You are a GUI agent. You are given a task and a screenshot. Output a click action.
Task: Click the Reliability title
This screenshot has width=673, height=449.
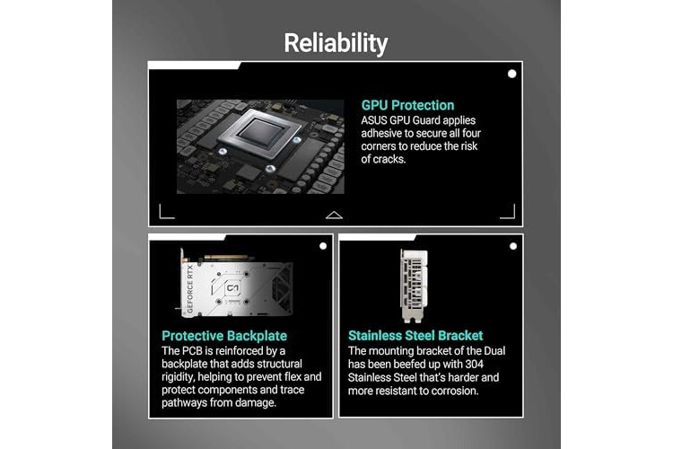(x=336, y=43)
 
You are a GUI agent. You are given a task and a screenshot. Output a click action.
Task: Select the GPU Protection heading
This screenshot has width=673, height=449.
(x=407, y=105)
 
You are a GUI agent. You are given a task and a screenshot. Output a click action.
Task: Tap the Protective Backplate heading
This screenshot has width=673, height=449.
(x=224, y=336)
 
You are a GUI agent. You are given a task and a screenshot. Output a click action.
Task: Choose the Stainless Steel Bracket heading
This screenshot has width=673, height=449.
(x=415, y=335)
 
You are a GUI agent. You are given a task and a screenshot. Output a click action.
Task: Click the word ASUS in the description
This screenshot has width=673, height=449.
(x=374, y=120)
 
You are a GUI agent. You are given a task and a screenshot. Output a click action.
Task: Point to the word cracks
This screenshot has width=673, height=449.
(x=389, y=159)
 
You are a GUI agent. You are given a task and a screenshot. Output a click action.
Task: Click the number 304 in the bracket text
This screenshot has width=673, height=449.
(x=474, y=364)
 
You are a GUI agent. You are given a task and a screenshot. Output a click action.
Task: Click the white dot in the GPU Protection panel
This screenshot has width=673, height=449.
(x=511, y=74)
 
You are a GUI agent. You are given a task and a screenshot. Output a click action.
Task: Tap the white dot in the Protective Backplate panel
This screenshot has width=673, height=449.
(x=323, y=246)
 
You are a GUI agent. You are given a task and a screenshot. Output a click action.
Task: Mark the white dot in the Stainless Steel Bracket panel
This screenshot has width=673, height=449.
(x=513, y=246)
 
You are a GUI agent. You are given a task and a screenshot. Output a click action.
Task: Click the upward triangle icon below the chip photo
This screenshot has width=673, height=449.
(x=334, y=216)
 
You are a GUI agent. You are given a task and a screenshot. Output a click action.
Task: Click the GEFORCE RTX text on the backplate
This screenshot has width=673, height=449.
(x=190, y=289)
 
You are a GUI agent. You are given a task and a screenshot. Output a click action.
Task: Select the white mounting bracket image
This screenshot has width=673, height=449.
(x=414, y=286)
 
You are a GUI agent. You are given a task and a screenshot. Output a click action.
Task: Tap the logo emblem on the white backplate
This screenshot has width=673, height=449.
(x=232, y=288)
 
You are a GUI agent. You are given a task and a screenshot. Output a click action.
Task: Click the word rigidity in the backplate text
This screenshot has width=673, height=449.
(x=178, y=377)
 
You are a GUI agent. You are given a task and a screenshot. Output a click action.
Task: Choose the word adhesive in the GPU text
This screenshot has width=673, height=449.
(x=382, y=133)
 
